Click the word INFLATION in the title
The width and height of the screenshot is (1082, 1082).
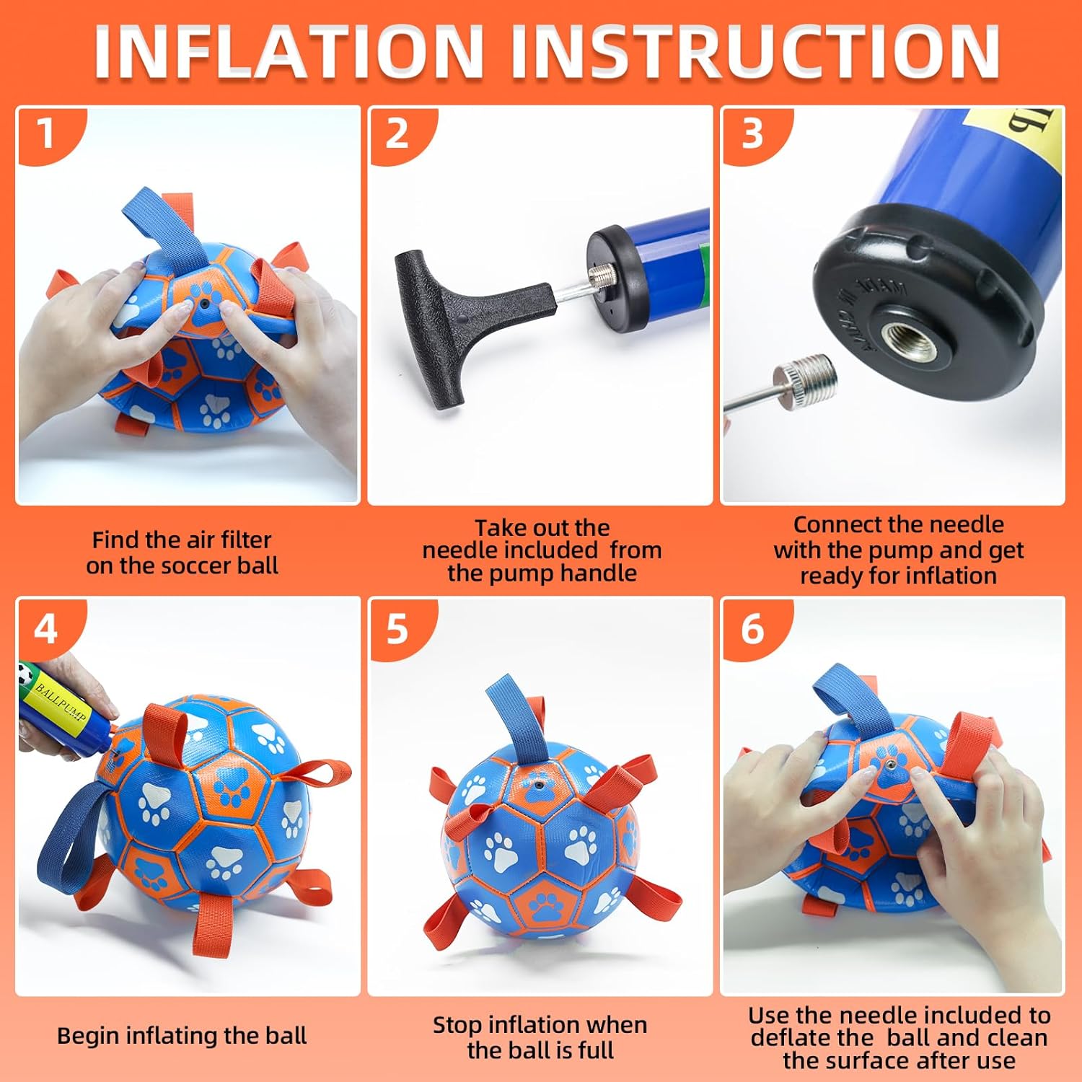289,52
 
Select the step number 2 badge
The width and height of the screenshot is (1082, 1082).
397,134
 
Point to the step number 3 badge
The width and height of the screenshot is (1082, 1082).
752,134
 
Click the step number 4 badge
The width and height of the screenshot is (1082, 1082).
45,630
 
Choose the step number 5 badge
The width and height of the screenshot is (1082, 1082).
397,630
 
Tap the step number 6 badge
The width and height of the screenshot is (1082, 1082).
752,630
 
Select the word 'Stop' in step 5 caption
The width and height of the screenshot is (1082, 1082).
457,1025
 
